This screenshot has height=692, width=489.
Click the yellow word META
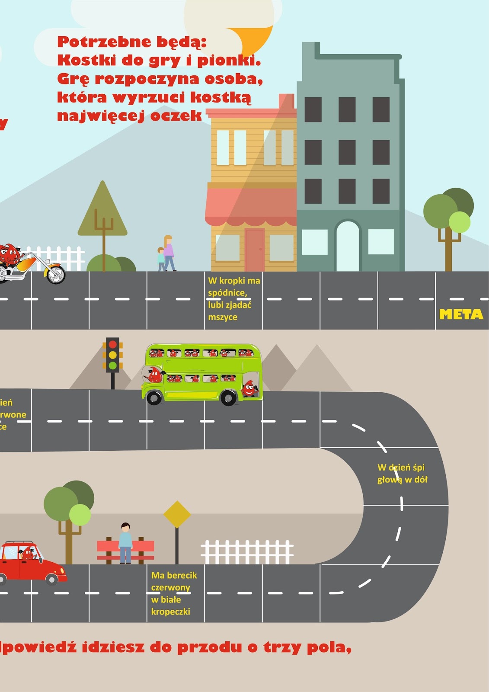(461, 314)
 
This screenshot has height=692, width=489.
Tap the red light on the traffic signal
(113, 345)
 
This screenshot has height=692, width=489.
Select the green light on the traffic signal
(113, 365)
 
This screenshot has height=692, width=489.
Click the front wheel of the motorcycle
(56, 275)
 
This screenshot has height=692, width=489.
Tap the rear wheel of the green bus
(228, 397)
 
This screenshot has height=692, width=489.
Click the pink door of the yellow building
(255, 250)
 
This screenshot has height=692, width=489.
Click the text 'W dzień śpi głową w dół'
(402, 474)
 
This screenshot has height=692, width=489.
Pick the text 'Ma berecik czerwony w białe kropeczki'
(173, 593)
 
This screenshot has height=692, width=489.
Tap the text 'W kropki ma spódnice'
(233, 298)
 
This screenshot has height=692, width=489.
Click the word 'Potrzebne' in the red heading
(104, 42)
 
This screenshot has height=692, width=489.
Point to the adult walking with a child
(168, 253)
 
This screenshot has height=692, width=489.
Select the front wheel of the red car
(52, 579)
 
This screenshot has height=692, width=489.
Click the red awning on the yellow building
(251, 206)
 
